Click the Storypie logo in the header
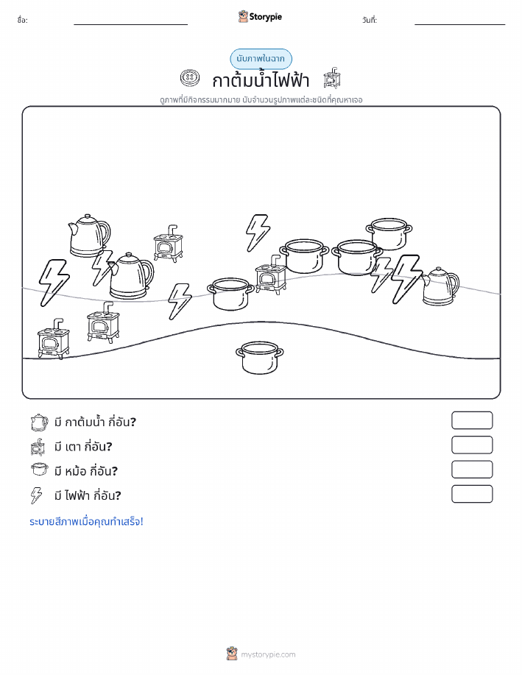[260, 17]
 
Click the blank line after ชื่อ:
[130, 24]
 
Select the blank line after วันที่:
[459, 24]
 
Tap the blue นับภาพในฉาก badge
[261, 59]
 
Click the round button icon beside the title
[190, 78]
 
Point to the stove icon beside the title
[333, 78]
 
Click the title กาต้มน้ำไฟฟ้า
[261, 79]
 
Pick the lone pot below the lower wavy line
[259, 357]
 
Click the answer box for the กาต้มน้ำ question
[472, 420]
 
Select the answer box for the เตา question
[472, 445]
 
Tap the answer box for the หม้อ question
[472, 470]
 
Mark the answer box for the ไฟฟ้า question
[472, 494]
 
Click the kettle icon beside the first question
[39, 423]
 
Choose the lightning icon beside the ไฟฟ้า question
[37, 495]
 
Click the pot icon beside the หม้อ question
[39, 469]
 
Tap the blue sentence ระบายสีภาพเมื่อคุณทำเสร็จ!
[86, 521]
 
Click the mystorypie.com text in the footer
[268, 654]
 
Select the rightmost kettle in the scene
[440, 286]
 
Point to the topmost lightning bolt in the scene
[258, 233]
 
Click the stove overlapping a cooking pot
[271, 275]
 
